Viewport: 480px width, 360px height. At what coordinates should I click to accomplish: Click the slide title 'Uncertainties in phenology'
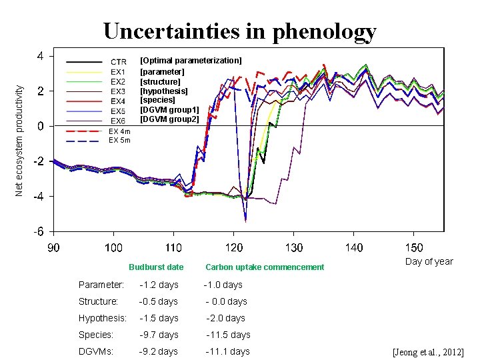coord(239,31)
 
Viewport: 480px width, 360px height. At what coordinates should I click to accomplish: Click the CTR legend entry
coord(118,62)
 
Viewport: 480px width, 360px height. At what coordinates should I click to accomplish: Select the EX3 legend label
coord(118,91)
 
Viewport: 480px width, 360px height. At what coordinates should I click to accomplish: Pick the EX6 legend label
coord(118,121)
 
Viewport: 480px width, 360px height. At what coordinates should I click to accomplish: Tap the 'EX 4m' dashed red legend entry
coord(119,131)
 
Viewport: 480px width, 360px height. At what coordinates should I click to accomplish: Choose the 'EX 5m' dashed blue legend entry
coord(119,141)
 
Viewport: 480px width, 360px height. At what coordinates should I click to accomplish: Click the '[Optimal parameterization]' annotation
coord(191,61)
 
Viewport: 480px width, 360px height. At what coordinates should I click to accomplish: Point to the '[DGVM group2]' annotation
coord(169,119)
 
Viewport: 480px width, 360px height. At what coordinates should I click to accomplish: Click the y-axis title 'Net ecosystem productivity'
coord(20,139)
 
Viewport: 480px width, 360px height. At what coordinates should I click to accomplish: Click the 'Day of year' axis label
coord(429,261)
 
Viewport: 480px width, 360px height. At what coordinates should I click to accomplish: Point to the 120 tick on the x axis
coord(233,248)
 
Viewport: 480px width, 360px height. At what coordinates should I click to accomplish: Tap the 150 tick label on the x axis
coord(414,248)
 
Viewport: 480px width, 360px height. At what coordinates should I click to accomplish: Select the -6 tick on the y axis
coord(39,231)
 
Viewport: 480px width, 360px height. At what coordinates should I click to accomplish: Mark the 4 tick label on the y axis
coord(41,55)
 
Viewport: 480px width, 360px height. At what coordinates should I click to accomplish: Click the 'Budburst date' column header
coord(156,267)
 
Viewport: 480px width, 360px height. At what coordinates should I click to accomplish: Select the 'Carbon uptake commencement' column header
coord(265,267)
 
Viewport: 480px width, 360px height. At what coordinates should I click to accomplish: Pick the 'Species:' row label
coord(96,335)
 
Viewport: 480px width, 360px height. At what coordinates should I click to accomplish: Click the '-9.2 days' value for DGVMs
coord(159,351)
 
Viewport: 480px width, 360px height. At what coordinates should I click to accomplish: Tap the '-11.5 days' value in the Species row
coord(228,335)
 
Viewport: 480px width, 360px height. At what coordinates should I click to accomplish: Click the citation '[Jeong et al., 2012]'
coord(428,352)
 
